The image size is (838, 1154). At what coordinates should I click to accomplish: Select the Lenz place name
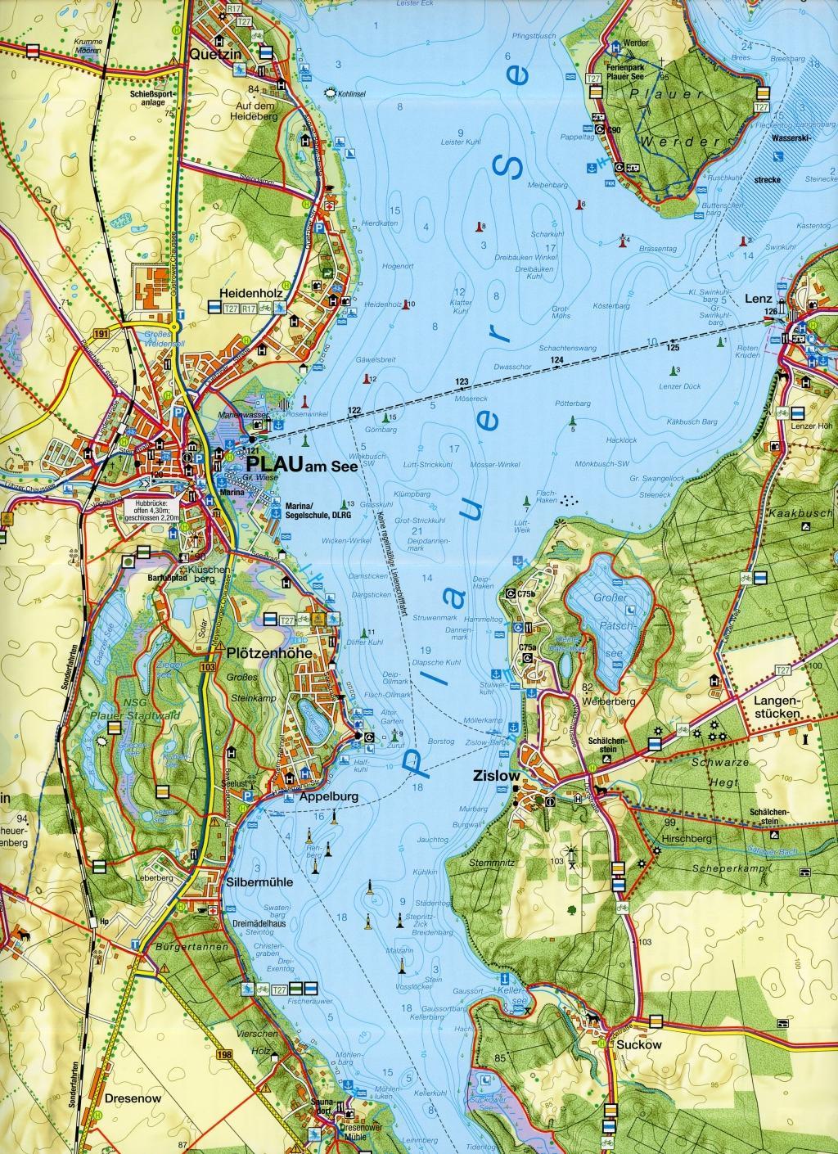759,299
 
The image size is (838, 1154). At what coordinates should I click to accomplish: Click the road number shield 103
209,668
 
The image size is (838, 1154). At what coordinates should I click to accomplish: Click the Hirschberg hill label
687,839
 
